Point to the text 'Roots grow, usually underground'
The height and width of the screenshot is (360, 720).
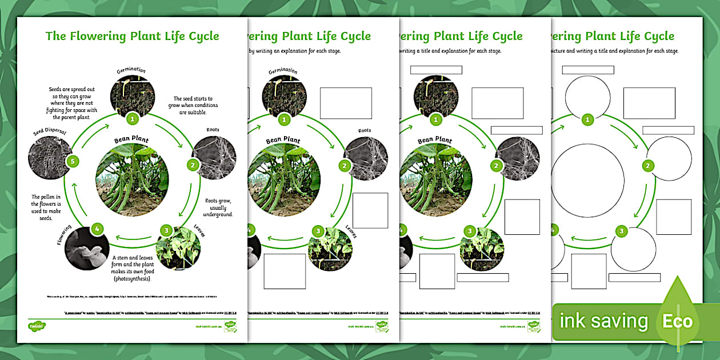point(219,207)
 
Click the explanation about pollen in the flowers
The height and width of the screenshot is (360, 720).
point(50,207)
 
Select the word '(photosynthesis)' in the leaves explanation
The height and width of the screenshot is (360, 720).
point(135,278)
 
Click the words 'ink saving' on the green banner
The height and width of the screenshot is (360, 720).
point(603,321)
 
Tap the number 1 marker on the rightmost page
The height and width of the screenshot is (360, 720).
point(587,119)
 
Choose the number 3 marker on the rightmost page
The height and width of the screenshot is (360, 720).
point(622,231)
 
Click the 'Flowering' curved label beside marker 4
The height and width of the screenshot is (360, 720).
point(64,235)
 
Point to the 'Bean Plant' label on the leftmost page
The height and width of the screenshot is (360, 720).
point(131,139)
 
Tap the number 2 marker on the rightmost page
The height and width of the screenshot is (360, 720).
point(648,166)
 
